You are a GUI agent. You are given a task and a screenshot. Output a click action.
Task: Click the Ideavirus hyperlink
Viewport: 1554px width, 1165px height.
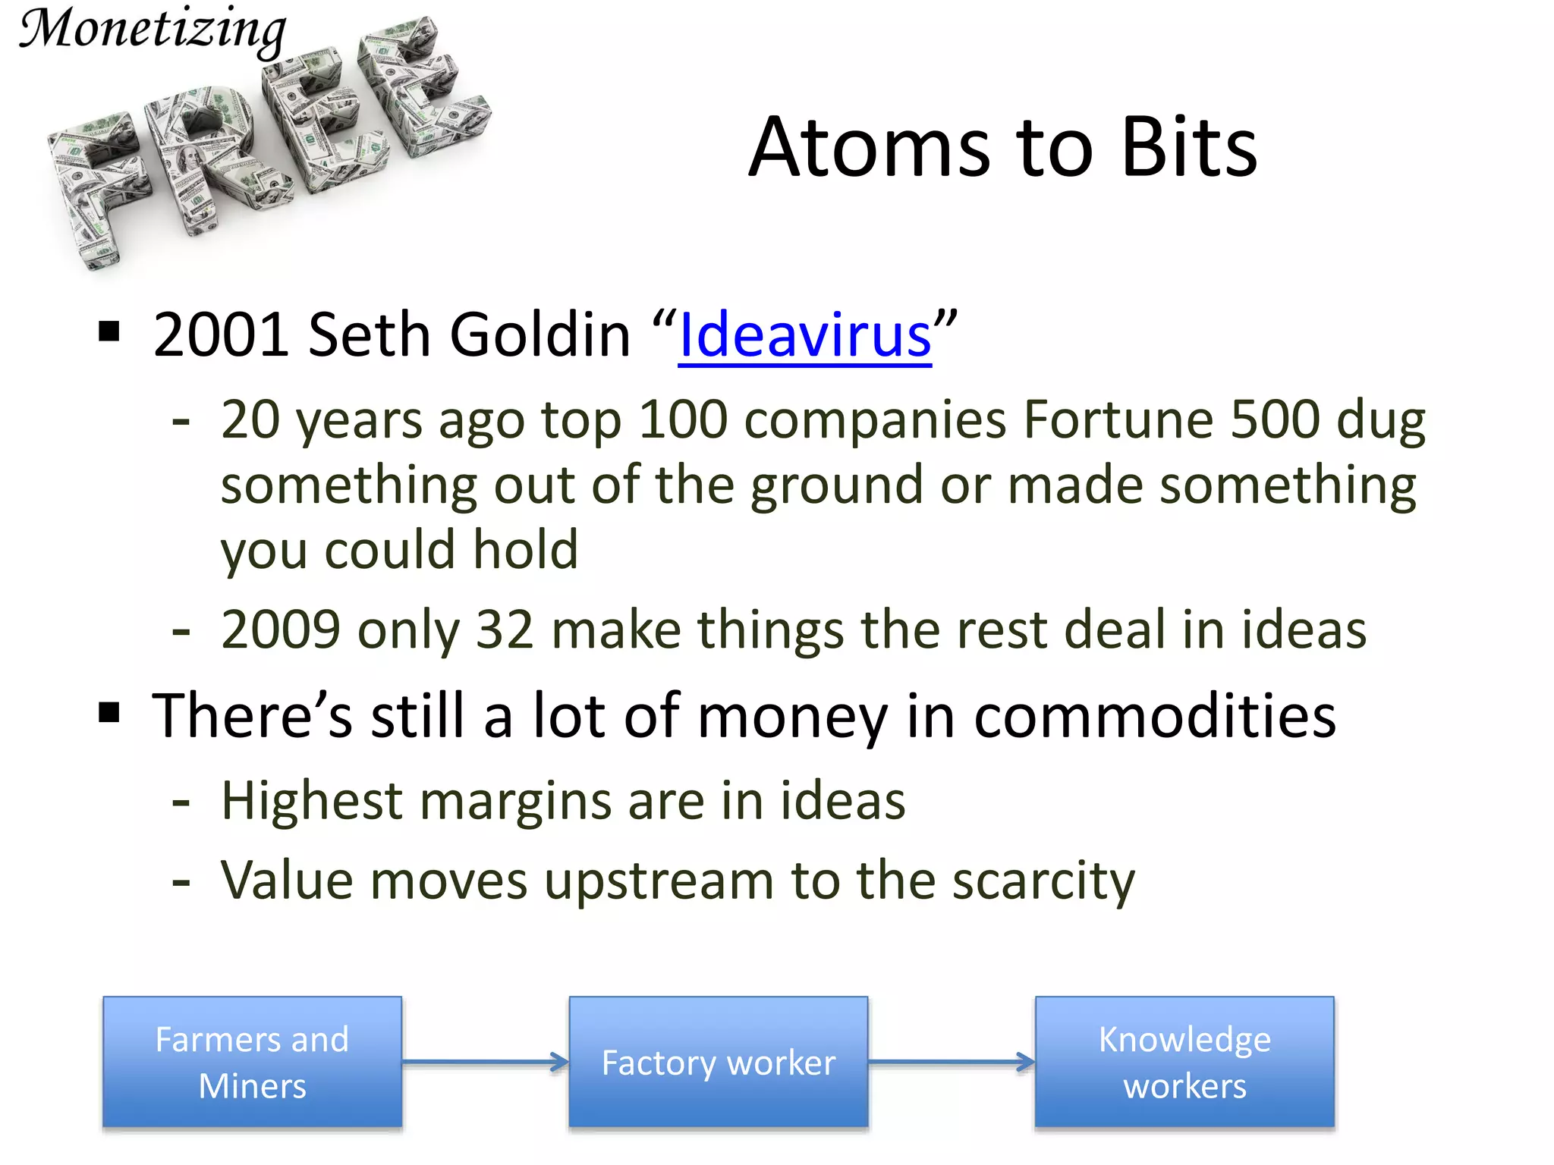[804, 335]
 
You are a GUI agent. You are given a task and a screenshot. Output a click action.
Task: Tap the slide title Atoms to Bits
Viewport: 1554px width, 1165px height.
[1002, 148]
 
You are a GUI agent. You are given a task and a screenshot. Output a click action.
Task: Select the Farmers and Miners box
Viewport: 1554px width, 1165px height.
[252, 1062]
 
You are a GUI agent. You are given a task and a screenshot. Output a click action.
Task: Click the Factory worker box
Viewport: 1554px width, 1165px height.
[718, 1062]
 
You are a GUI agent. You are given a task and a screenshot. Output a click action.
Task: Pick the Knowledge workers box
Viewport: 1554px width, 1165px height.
[1184, 1062]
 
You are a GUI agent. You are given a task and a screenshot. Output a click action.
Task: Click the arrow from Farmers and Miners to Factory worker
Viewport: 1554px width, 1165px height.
[486, 1062]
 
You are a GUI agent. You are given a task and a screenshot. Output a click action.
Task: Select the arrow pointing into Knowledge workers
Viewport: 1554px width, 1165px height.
[952, 1062]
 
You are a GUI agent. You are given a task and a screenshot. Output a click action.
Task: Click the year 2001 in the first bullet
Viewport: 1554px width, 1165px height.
[220, 335]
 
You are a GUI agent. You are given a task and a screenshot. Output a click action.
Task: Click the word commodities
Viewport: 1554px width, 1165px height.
[1154, 716]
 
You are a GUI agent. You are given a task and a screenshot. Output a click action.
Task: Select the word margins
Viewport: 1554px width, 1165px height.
[515, 802]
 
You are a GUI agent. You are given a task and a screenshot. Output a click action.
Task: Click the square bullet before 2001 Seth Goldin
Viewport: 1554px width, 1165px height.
[110, 332]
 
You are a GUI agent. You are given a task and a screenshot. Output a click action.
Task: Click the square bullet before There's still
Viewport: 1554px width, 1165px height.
[110, 713]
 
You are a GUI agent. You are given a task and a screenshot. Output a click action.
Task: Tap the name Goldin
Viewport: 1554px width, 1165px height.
[539, 335]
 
